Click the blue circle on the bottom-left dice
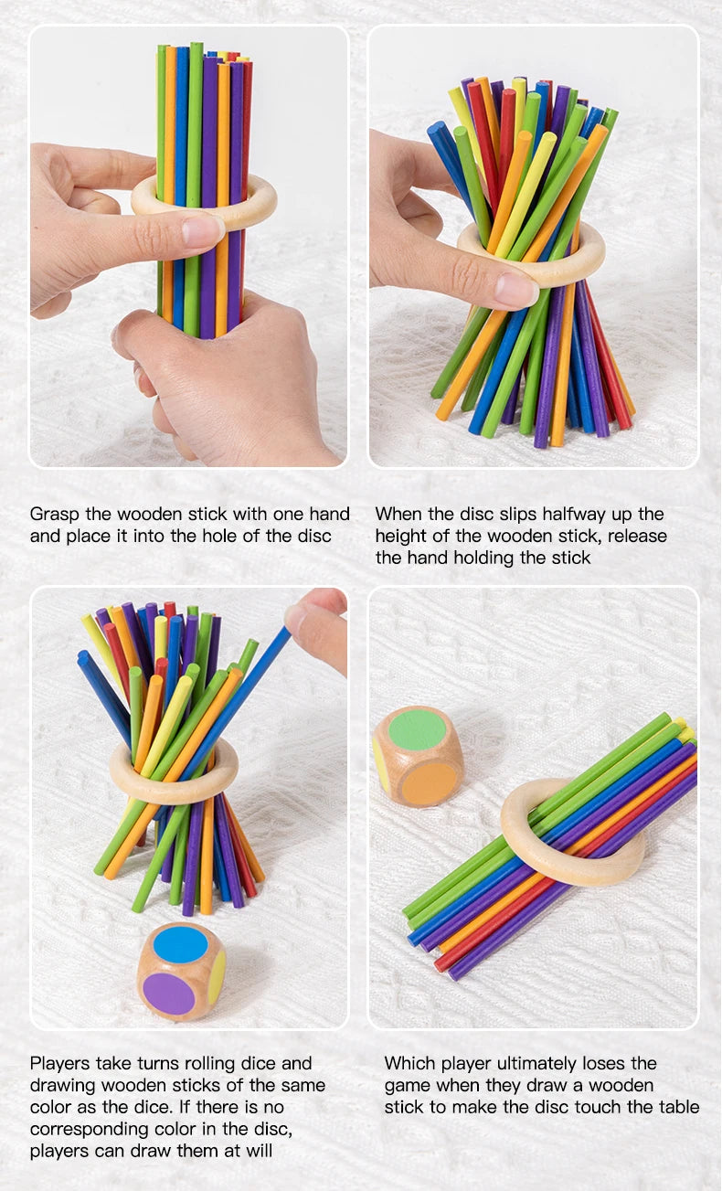click(180, 944)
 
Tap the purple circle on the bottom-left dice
click(168, 994)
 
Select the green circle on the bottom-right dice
click(417, 729)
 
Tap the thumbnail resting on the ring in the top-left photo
click(202, 229)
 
